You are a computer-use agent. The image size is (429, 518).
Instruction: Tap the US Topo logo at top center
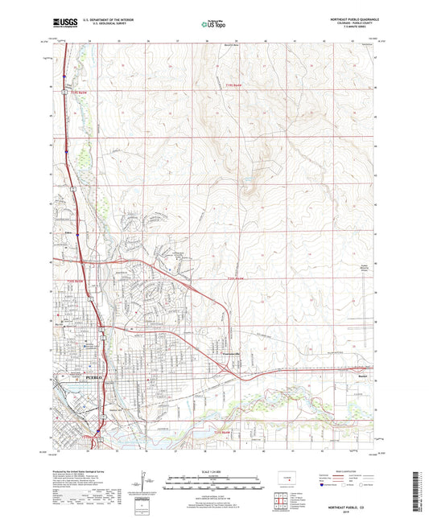pos(213,25)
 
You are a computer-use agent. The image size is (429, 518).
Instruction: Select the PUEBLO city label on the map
pos(94,376)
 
